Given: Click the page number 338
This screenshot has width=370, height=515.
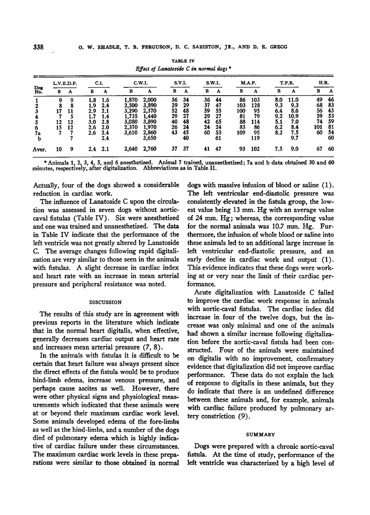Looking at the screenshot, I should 39,47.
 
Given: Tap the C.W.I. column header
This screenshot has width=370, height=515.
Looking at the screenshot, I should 140,83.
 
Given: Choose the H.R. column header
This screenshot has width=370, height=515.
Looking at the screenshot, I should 323,83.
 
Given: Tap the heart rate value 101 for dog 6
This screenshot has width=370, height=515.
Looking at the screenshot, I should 318,127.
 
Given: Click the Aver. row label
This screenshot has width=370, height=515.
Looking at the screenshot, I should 39,149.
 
